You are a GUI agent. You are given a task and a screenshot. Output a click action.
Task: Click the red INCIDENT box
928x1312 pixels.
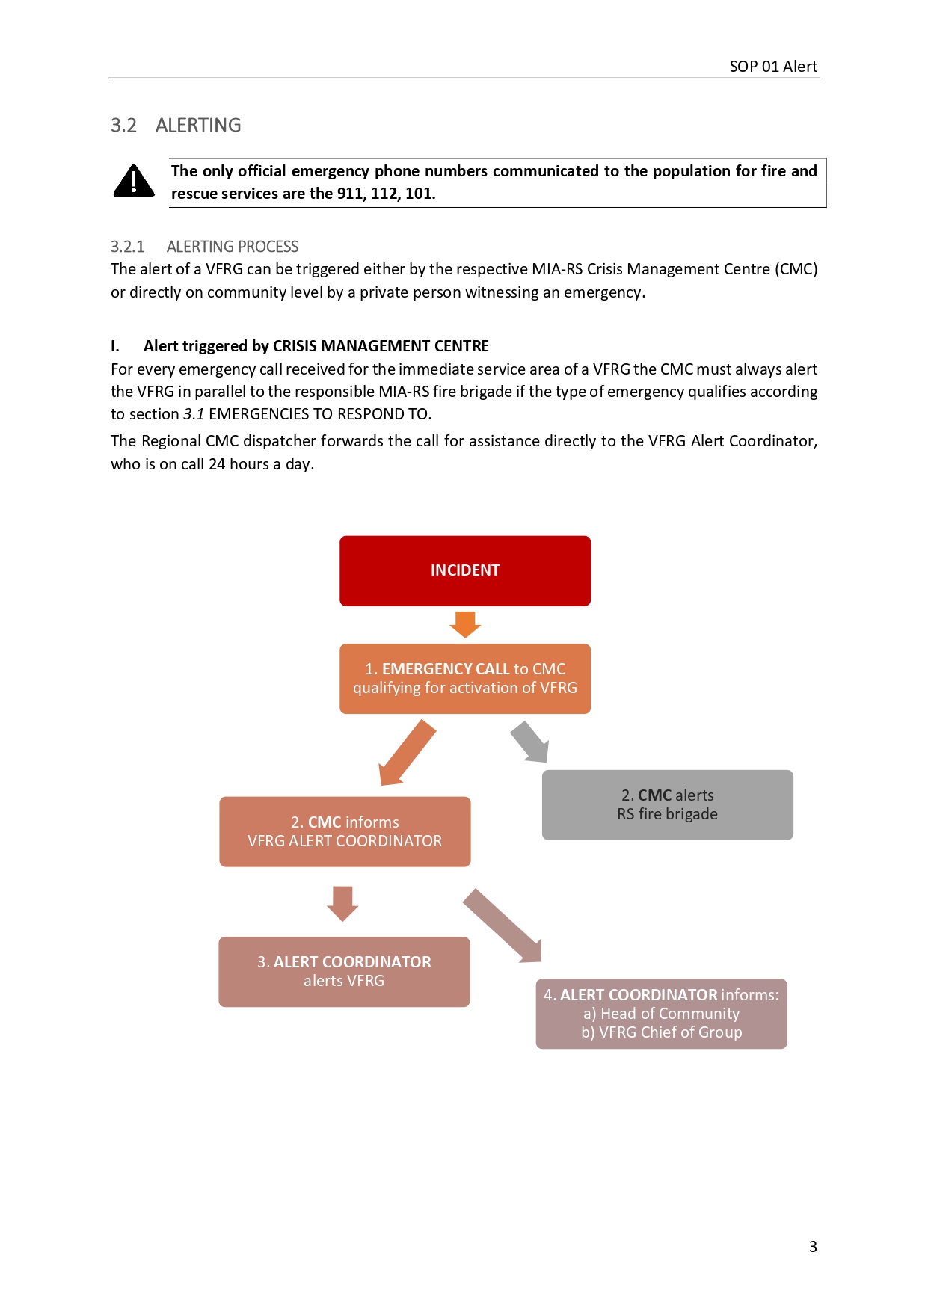coord(464,570)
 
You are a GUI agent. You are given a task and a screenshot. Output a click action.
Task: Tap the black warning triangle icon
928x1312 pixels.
coord(134,182)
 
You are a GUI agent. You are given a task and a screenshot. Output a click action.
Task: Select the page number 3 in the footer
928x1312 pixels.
coord(813,1247)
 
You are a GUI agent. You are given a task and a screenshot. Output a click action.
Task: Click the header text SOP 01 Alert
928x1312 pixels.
coord(773,67)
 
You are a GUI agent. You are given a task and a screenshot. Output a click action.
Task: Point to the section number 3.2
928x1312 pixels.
coord(123,126)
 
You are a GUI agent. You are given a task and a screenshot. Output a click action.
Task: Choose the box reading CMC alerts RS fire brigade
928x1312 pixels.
coord(667,805)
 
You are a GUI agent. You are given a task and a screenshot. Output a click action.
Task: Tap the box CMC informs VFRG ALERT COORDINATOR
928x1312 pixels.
coord(345,832)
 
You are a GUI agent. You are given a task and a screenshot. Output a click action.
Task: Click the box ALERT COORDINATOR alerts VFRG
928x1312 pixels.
coord(344,972)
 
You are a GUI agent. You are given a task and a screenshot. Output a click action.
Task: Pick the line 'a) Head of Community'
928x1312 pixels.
coord(662,1014)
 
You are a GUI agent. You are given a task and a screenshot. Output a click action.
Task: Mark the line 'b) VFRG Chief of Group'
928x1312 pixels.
coord(662,1032)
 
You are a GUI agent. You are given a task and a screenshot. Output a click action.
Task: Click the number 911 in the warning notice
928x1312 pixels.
coord(350,194)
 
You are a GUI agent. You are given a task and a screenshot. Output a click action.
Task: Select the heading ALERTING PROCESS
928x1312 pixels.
coord(233,247)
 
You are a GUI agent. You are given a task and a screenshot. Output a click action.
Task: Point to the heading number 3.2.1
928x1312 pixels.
coord(127,247)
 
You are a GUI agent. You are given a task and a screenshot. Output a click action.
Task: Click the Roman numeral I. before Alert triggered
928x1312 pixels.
coord(115,346)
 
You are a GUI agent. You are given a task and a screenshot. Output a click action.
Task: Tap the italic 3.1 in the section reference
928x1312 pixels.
coord(194,414)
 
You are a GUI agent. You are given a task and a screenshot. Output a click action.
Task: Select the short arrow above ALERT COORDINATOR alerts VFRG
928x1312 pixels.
coord(342,903)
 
